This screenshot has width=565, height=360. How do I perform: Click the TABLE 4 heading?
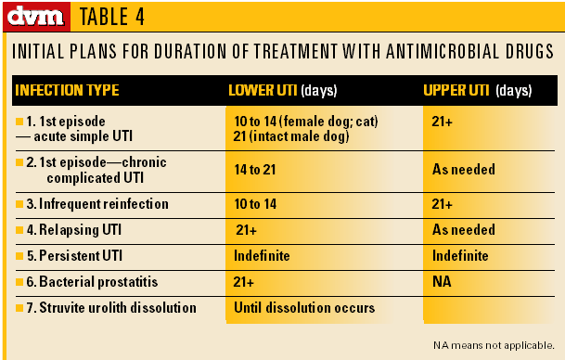click(111, 17)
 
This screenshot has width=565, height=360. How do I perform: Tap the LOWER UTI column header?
click(282, 92)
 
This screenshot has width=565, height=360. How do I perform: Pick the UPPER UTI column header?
click(476, 92)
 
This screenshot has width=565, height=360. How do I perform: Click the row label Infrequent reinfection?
click(97, 203)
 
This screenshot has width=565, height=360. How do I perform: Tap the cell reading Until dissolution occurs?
click(304, 307)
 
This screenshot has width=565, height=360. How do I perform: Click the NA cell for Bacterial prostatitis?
click(443, 281)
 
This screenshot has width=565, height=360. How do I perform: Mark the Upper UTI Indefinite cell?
click(460, 255)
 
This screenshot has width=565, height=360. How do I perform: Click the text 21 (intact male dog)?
click(292, 136)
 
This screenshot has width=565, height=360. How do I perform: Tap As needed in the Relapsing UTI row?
click(463, 229)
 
